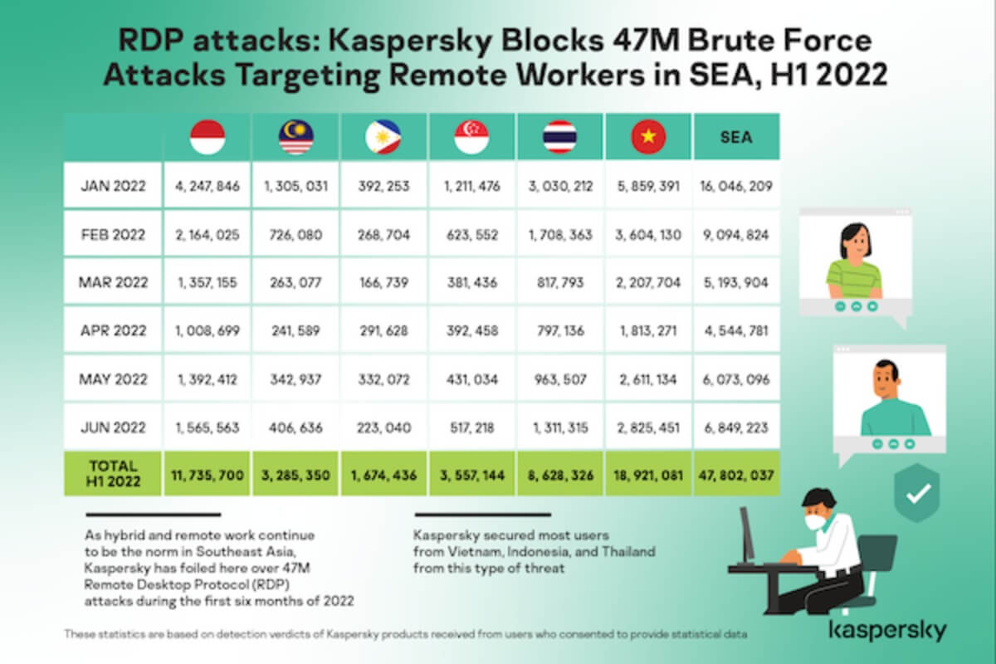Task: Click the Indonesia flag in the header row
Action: (x=207, y=137)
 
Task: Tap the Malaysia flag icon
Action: (x=295, y=137)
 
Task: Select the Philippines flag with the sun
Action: (x=383, y=137)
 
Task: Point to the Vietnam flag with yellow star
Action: (x=648, y=137)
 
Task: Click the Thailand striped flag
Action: (x=560, y=137)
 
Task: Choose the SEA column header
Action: (x=736, y=137)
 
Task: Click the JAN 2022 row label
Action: (x=113, y=185)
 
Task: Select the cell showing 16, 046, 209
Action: (x=736, y=186)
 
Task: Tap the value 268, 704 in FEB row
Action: (x=383, y=234)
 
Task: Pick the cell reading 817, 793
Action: (x=560, y=282)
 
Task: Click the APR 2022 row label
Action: (x=113, y=330)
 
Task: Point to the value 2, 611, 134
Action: (x=648, y=379)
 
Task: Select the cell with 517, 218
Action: (x=471, y=427)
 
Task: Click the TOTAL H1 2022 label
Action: (x=113, y=474)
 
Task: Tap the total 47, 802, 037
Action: (x=736, y=476)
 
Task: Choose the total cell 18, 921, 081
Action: (x=648, y=476)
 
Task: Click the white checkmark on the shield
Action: (x=919, y=493)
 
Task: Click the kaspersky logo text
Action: (x=888, y=631)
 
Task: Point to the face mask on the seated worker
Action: (x=815, y=520)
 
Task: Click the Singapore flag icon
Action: (x=471, y=137)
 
